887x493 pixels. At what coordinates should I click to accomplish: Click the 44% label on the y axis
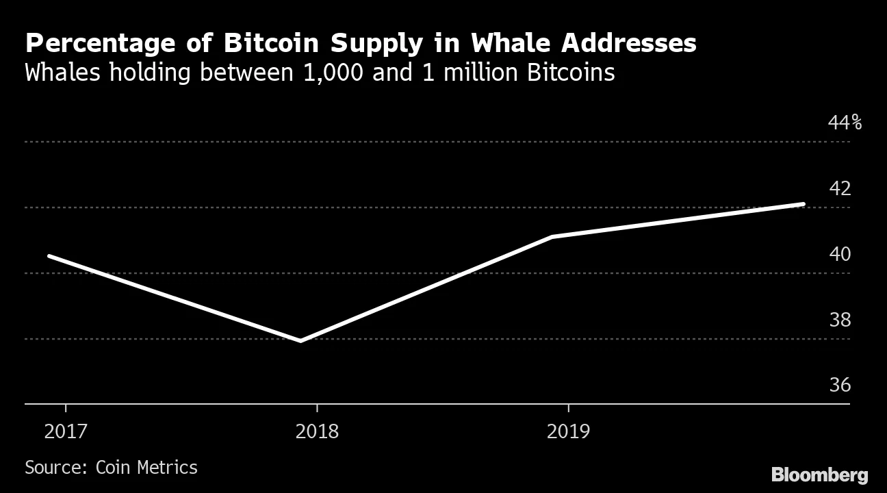tap(845, 123)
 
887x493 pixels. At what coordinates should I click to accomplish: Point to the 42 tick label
tap(840, 188)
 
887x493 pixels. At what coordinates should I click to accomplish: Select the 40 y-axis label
tap(840, 254)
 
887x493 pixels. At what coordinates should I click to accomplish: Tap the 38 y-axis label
tap(840, 320)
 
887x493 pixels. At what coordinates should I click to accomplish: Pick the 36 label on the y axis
tap(840, 385)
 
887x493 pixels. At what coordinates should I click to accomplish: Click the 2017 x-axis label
tap(65, 431)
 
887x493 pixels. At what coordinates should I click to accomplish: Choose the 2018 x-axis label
tap(317, 431)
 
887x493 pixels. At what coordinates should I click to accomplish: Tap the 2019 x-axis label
tap(568, 431)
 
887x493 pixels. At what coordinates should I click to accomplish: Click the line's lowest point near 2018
tap(300, 340)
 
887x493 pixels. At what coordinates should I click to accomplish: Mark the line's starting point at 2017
tap(49, 256)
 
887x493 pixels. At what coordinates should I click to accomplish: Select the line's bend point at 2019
tap(552, 237)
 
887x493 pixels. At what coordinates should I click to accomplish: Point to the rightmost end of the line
tap(803, 204)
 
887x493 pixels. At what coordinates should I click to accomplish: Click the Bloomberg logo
tap(819, 475)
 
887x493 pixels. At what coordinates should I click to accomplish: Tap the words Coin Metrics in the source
tap(146, 468)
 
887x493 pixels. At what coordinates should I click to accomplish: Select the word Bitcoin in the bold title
tap(272, 44)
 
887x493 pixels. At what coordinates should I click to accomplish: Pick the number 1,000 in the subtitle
tap(333, 72)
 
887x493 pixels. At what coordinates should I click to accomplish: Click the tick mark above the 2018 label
tap(317, 409)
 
